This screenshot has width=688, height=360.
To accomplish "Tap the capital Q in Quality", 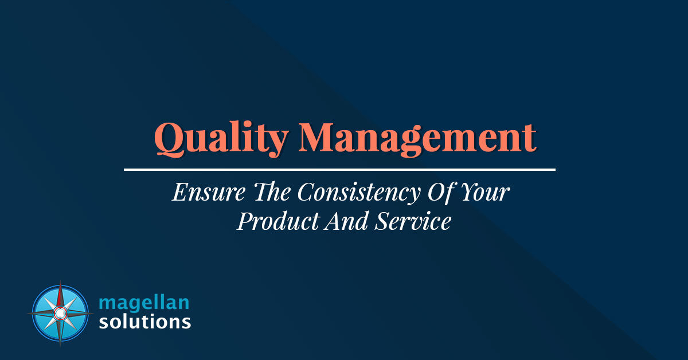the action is (x=170, y=139).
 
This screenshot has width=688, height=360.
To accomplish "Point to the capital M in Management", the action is (x=316, y=137).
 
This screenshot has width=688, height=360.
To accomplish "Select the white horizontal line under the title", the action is (x=339, y=170).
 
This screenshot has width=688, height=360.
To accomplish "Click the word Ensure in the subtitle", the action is (x=209, y=192).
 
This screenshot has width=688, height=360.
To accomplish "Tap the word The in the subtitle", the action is (x=272, y=191).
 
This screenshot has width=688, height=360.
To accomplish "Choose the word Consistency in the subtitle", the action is (x=359, y=194).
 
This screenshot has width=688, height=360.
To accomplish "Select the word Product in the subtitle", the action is (x=279, y=222).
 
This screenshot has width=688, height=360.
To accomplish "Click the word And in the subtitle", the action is (x=346, y=221).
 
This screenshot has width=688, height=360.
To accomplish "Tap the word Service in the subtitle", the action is (x=413, y=221).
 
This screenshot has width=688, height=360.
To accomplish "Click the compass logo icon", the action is (x=60, y=314).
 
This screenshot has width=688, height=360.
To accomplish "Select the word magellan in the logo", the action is (x=144, y=303).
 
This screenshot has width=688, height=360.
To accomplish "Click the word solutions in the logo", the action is (x=145, y=322).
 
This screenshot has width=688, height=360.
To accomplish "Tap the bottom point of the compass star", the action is (x=60, y=346).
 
